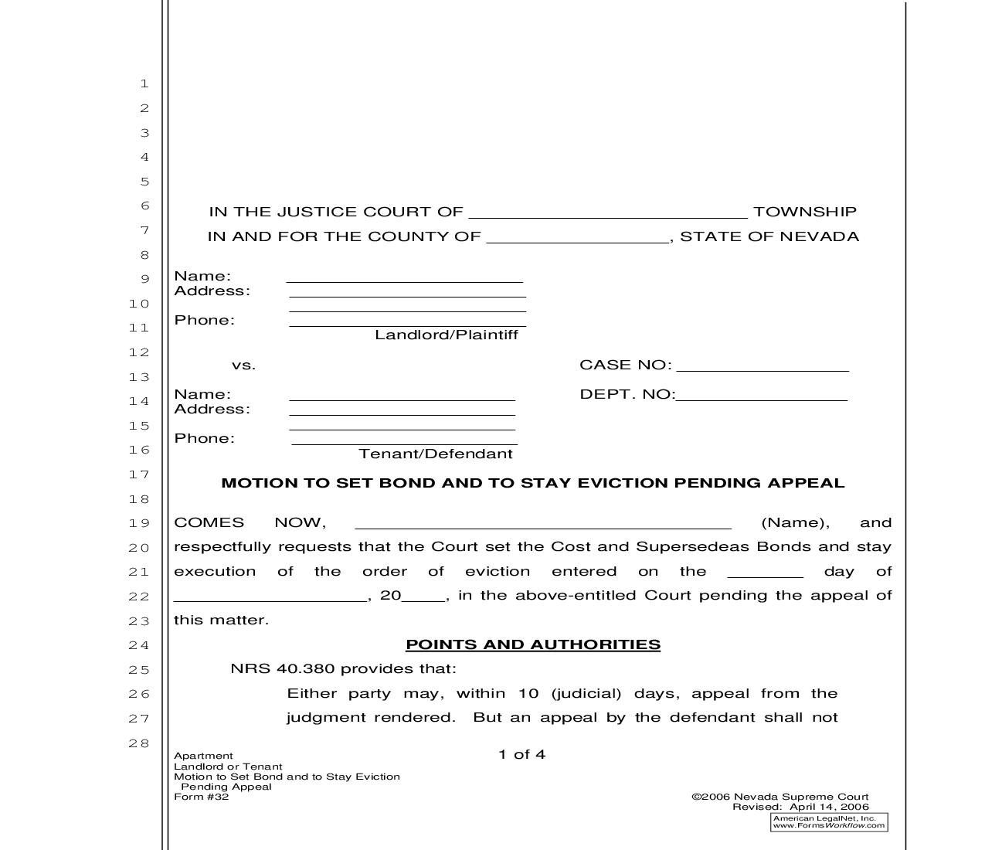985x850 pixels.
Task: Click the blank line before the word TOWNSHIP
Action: [x=608, y=215]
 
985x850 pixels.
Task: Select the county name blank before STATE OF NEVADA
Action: [x=578, y=239]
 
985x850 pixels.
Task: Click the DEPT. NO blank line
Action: [x=762, y=396]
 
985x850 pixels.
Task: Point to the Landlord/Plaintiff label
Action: [x=447, y=335]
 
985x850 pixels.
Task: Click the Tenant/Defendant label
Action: [x=436, y=454]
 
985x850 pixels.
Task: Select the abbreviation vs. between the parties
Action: [x=243, y=365]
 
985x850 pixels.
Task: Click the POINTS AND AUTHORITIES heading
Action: [x=533, y=644]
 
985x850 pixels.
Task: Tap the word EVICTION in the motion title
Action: [x=623, y=483]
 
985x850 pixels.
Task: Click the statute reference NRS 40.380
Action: [x=283, y=669]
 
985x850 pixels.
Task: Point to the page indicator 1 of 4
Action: [x=522, y=754]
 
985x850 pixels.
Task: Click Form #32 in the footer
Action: [x=202, y=797]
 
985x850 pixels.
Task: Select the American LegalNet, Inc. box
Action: [x=829, y=822]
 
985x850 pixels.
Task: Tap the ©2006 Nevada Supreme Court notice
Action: [x=780, y=797]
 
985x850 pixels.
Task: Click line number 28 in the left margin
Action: [x=139, y=743]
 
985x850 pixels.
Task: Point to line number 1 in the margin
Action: [x=144, y=83]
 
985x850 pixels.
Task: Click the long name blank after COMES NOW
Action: [x=543, y=525]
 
